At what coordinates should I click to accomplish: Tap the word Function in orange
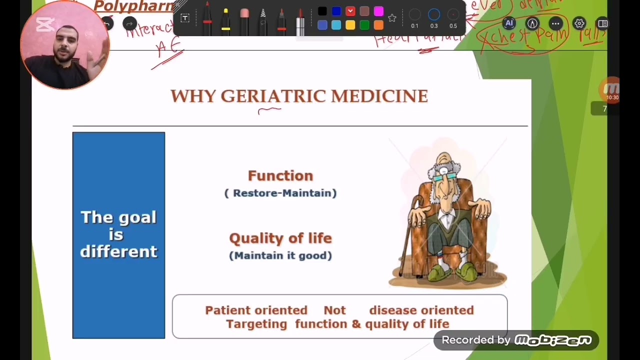[x=280, y=175]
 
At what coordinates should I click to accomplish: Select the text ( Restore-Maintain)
[x=280, y=193]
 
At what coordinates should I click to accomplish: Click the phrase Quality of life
[x=280, y=238]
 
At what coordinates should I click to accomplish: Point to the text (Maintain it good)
[x=280, y=255]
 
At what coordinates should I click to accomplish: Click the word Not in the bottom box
[x=334, y=310]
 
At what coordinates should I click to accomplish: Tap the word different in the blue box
[x=118, y=251]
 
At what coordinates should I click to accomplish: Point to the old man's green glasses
[x=444, y=176]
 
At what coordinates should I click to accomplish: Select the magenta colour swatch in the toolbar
[x=378, y=11]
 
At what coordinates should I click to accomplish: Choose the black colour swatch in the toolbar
[x=322, y=11]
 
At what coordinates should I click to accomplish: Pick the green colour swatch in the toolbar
[x=364, y=25]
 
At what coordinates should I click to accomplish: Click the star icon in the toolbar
[x=392, y=18]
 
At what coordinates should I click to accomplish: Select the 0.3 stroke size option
[x=433, y=15]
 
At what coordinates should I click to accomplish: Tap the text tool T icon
[x=185, y=18]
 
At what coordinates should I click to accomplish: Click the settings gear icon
[x=579, y=23]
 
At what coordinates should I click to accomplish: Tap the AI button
[x=509, y=23]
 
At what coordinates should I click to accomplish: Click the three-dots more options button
[x=555, y=23]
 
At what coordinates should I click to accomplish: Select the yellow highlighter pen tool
[x=225, y=20]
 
